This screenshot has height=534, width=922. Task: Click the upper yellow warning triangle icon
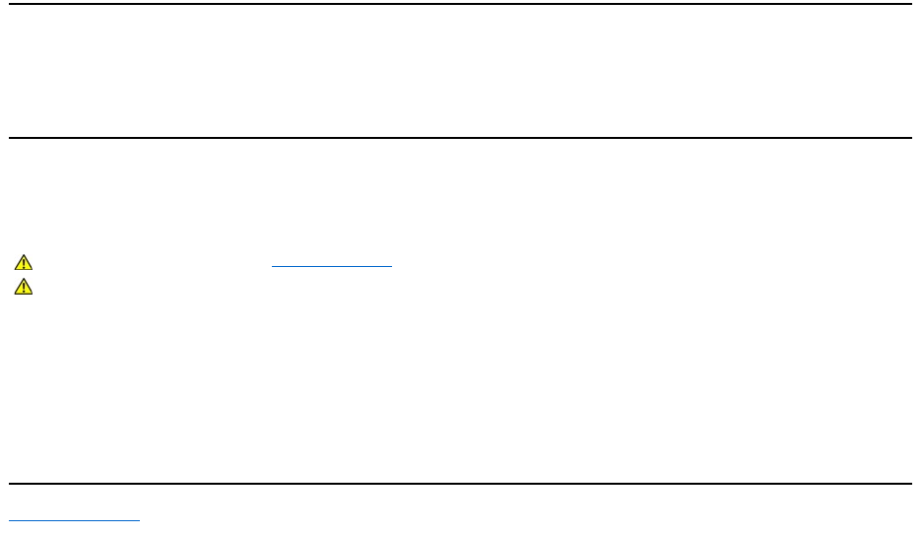24,263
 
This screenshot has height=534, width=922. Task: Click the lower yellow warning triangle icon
24,287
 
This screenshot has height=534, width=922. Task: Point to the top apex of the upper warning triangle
24,256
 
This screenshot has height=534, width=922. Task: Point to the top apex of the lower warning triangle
24,280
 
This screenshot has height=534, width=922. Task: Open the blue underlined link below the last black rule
75,519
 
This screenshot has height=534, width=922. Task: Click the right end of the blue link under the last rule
140,519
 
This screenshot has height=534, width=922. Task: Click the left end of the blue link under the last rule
10,519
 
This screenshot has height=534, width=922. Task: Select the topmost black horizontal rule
461,4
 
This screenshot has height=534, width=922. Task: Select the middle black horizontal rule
461,138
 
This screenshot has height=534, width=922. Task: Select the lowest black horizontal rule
461,484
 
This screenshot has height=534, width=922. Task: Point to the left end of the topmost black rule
10,4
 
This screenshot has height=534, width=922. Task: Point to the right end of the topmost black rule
911,4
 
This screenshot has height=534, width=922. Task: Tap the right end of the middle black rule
911,138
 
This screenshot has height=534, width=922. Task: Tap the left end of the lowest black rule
10,484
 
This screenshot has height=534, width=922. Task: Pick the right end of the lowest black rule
911,484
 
